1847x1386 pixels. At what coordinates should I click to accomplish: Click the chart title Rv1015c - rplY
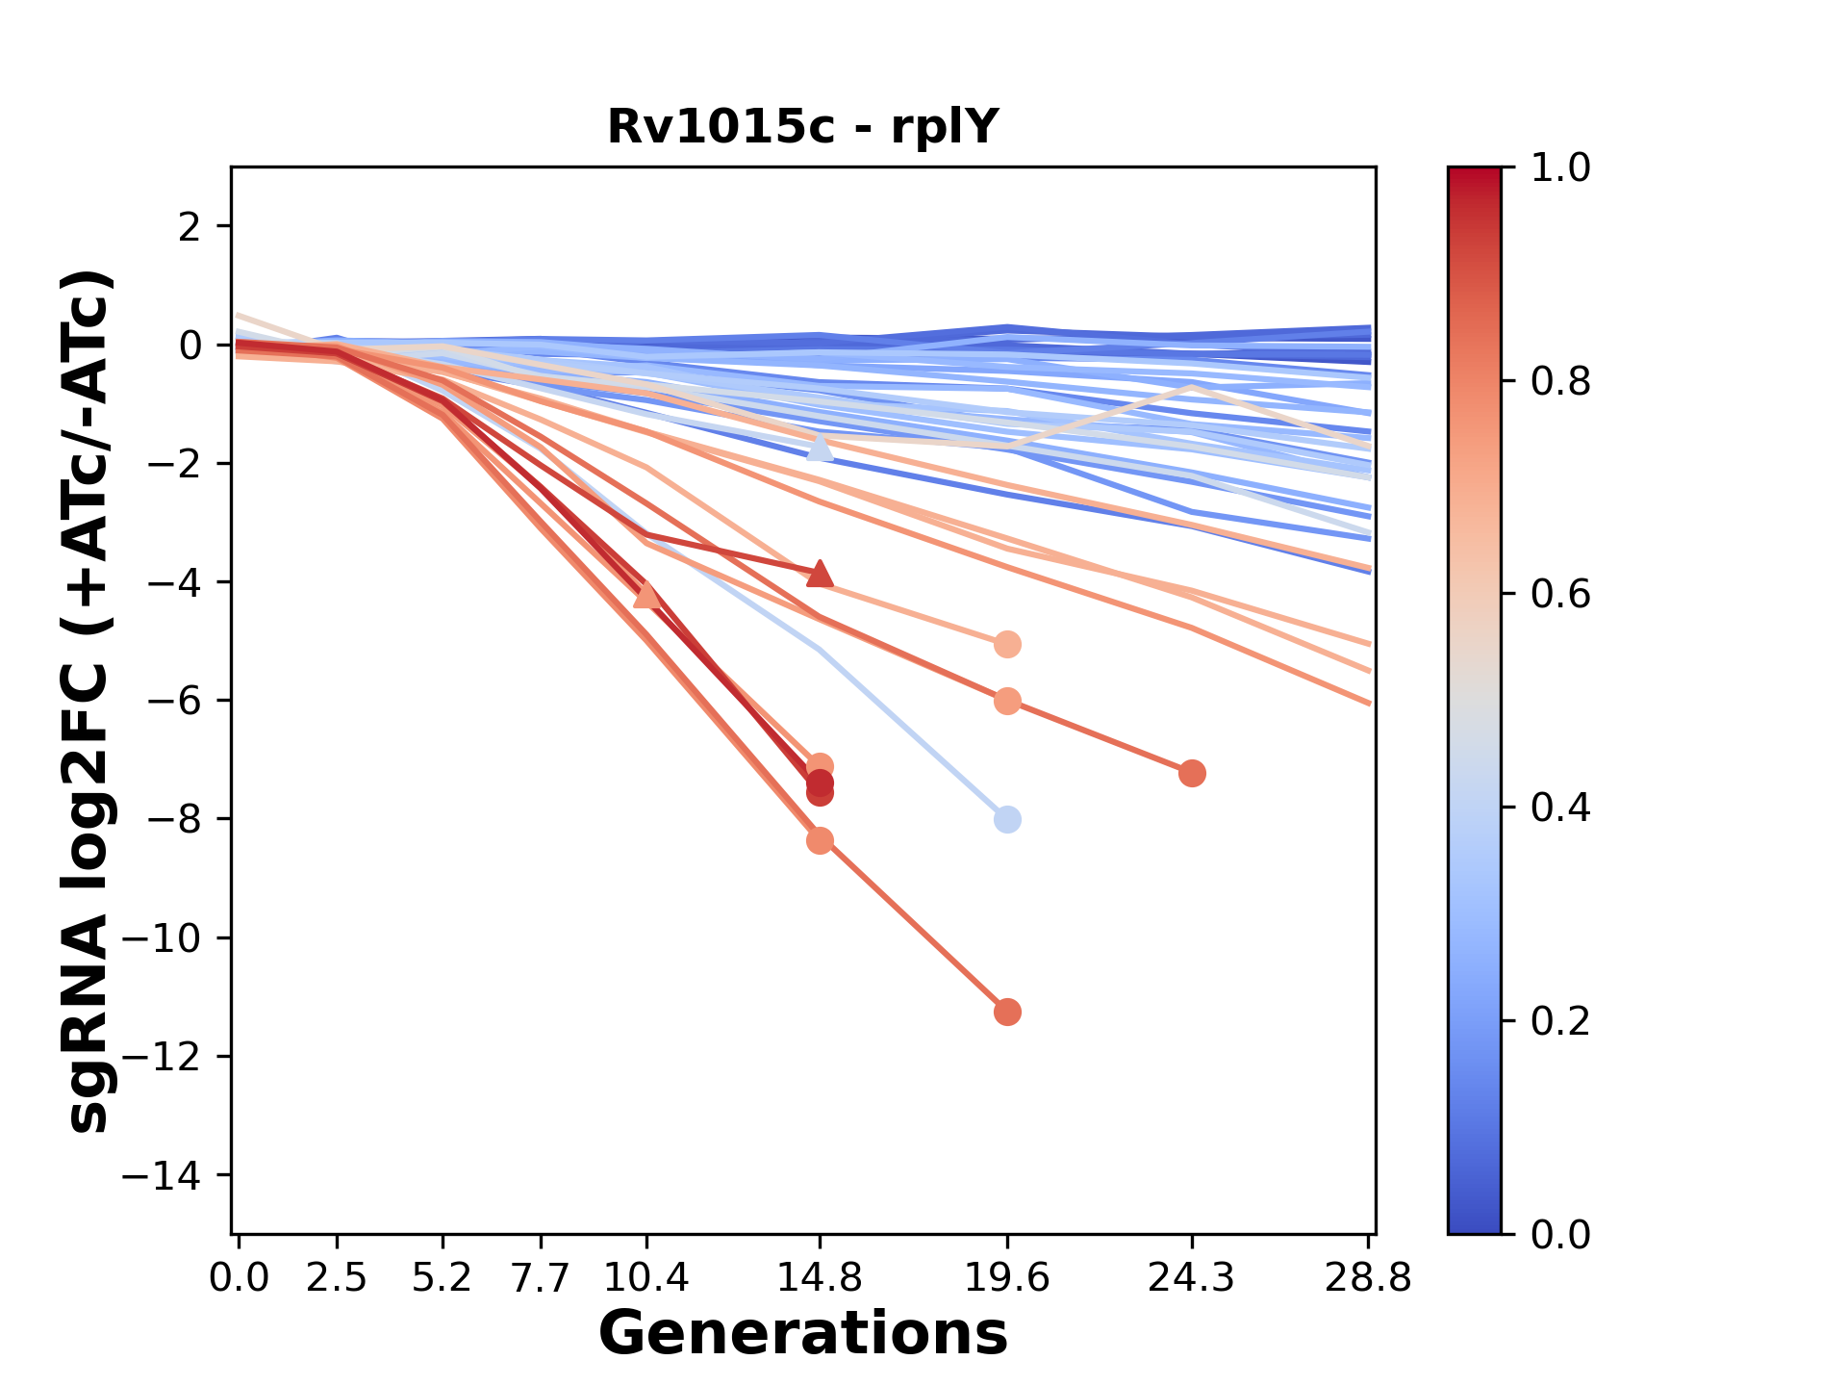coord(802,126)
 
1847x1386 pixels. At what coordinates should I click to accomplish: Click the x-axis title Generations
coord(802,1334)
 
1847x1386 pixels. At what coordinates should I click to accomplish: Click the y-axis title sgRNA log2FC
coord(89,701)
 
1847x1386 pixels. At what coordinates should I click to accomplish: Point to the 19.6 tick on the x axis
coord(1006,1277)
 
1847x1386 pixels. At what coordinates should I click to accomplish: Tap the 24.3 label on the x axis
coord(1191,1277)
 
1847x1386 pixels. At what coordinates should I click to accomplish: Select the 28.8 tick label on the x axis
coord(1368,1277)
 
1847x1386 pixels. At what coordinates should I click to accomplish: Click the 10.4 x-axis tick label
coord(645,1277)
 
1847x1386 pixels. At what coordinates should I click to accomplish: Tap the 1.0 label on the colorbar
coord(1560,168)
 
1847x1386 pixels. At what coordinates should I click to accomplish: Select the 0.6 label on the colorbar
coord(1560,595)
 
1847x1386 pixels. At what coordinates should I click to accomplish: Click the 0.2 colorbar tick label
coord(1560,1021)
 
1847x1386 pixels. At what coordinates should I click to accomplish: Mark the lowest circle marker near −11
coord(1007,1013)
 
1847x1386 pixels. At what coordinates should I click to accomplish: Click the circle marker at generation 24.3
coord(1192,774)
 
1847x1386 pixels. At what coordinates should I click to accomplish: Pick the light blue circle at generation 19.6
coord(1007,820)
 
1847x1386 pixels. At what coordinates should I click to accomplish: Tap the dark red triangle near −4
coord(820,574)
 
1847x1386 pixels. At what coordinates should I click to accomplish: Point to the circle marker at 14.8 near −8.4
coord(820,841)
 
